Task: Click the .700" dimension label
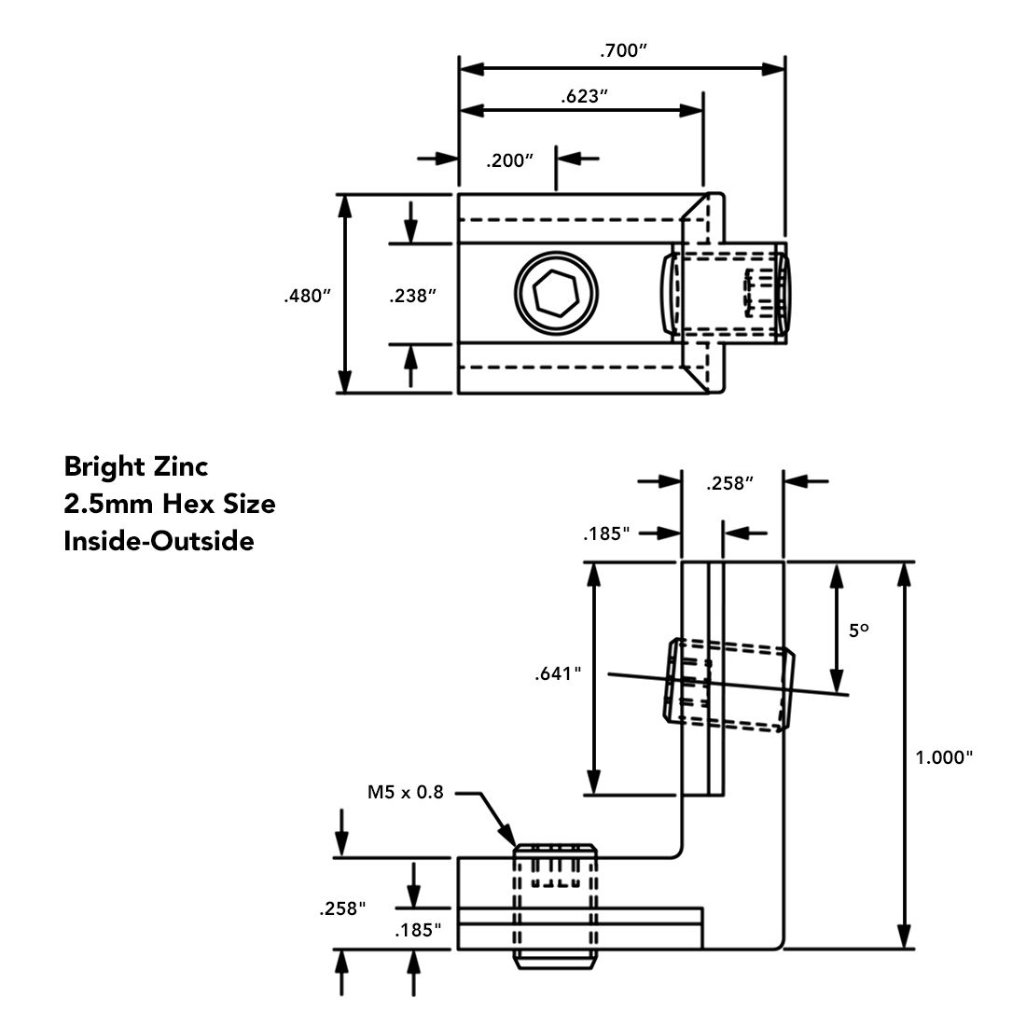point(623,51)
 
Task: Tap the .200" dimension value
point(509,160)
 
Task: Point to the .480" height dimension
point(308,296)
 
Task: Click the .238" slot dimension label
point(413,296)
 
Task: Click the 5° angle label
point(858,631)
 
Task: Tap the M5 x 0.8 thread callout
point(405,793)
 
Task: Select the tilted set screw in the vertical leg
point(729,683)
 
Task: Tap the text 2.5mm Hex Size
point(169,504)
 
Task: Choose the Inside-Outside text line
point(159,541)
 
